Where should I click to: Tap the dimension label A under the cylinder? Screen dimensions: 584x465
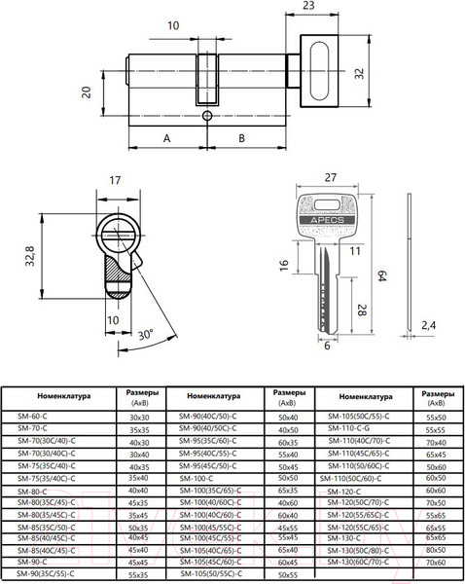[166, 139]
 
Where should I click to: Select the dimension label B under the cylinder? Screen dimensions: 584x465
[242, 139]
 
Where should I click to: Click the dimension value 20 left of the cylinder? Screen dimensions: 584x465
[86, 91]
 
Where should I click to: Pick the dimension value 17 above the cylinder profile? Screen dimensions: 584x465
[115, 180]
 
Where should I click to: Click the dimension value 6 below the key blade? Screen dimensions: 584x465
[327, 346]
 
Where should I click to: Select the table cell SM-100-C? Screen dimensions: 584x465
[196, 479]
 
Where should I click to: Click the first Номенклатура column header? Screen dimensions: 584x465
[63, 397]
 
